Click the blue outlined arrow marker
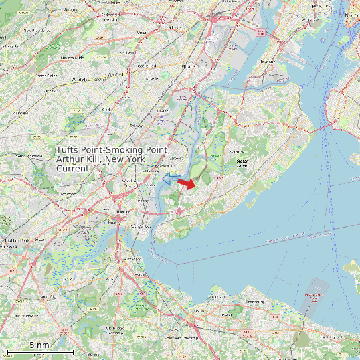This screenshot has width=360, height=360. click(x=171, y=179)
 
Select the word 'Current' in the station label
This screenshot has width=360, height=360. click(x=72, y=169)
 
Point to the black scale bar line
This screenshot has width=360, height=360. click(x=39, y=351)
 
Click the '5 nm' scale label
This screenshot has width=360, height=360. click(x=39, y=345)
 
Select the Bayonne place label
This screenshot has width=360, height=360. click(x=267, y=62)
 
